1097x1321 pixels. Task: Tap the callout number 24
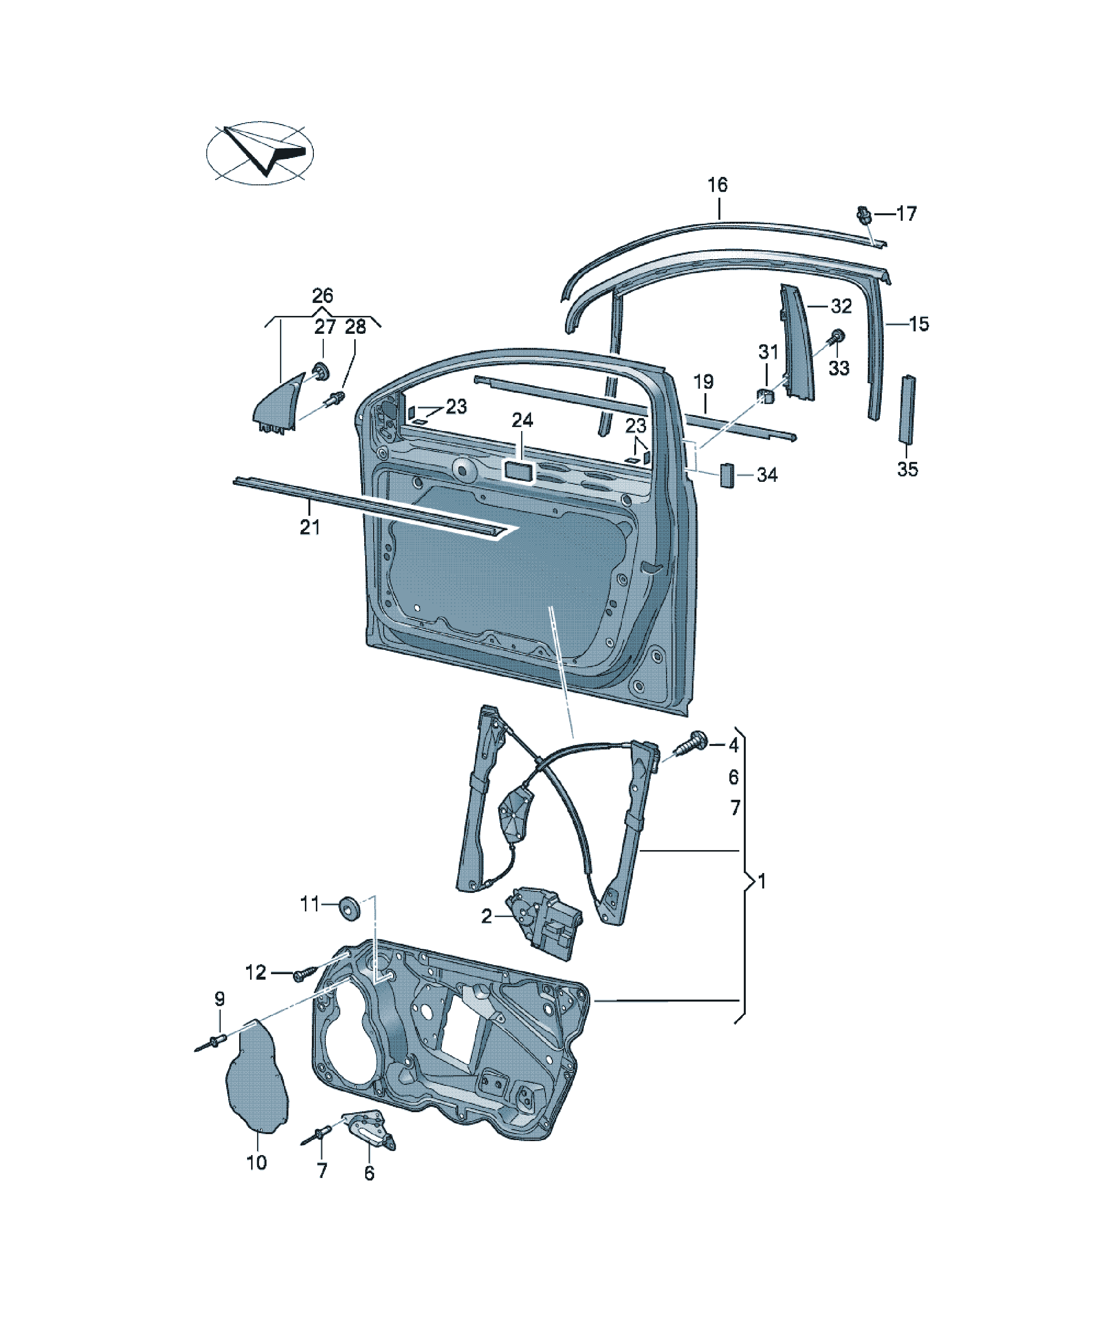[x=522, y=420]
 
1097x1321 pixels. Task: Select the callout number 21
[x=309, y=527]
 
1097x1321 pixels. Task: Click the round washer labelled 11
[x=348, y=906]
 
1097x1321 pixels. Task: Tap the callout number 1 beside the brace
[x=762, y=881]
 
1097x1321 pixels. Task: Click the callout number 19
[x=703, y=382]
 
